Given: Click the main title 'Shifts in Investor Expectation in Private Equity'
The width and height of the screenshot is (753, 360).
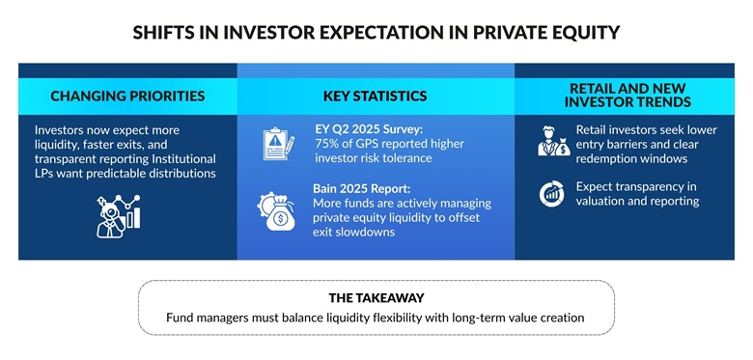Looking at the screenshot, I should (376, 32).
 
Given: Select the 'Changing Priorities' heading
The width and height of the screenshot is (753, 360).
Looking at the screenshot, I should (127, 96).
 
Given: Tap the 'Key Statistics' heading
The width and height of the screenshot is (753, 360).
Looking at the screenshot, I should (375, 96).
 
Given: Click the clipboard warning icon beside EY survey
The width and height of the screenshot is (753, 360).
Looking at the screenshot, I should (278, 144).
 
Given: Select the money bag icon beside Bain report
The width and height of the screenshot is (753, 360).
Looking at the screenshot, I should (278, 211).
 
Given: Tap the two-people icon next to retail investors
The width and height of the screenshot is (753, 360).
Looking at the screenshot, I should (553, 142).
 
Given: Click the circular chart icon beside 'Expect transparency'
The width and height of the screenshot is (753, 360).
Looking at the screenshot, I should (552, 194).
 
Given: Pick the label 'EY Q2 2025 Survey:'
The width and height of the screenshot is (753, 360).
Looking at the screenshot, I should (369, 129).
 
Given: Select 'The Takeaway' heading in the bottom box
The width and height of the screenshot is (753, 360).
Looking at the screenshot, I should (376, 298).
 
